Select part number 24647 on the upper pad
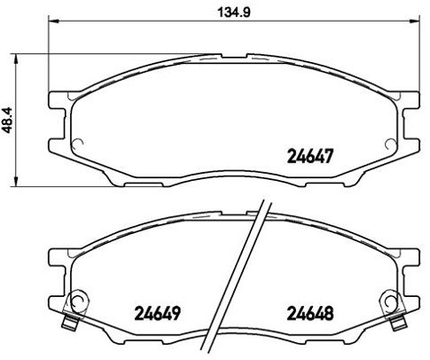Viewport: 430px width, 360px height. (310, 154)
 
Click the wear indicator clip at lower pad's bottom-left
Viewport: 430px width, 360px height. (67, 323)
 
